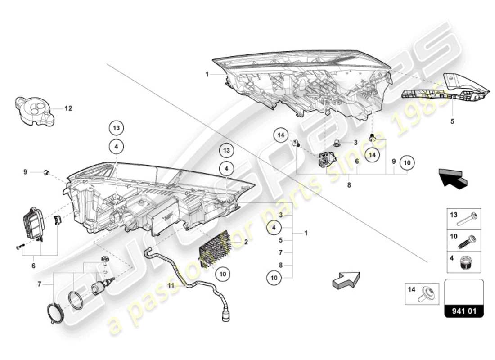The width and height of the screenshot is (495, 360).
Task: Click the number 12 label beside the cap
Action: [68, 108]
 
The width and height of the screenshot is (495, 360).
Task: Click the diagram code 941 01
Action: [464, 310]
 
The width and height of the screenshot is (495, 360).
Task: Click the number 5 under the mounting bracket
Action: [452, 121]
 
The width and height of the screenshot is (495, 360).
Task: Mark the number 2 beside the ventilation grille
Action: [246, 242]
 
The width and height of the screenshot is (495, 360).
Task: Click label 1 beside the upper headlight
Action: [207, 74]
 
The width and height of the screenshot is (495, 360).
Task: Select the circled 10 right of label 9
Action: [407, 162]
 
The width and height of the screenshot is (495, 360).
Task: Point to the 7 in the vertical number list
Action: [280, 252]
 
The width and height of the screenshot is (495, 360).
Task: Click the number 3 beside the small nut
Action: [355, 143]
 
